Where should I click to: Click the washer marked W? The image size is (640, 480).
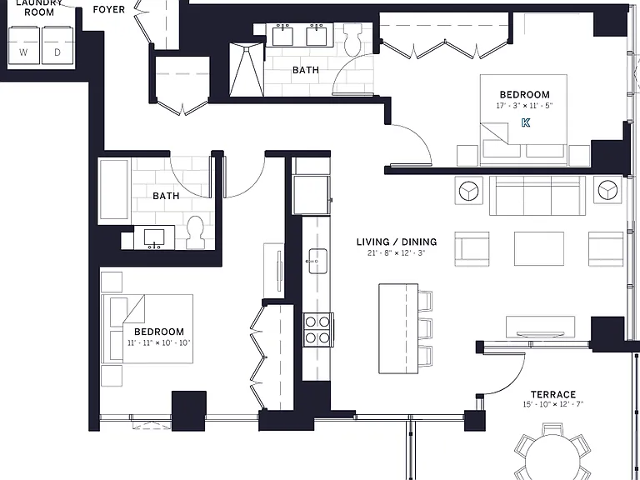[24, 45]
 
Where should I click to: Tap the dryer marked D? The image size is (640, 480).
[57, 45]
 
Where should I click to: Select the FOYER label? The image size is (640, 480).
[108, 9]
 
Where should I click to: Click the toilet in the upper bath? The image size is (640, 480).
[353, 38]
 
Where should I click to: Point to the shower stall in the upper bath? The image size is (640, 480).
[247, 68]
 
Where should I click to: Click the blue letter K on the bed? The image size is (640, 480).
[526, 122]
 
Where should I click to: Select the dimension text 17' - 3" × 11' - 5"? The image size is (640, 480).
[524, 106]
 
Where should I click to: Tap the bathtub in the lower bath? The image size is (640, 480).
[114, 190]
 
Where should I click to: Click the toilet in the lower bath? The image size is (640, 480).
[195, 232]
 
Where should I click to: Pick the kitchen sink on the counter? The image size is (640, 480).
[317, 261]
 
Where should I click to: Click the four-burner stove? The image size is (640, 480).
[318, 330]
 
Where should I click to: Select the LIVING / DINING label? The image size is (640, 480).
[397, 242]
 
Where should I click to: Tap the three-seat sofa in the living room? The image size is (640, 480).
[537, 196]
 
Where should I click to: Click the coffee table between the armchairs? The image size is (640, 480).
[539, 248]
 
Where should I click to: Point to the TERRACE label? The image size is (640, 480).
[553, 394]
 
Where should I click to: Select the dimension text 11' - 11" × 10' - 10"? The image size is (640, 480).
[159, 342]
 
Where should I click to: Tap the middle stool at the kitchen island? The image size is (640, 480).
[425, 328]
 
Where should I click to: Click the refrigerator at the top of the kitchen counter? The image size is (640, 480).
[311, 195]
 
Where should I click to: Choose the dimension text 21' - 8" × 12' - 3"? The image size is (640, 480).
[397, 253]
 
